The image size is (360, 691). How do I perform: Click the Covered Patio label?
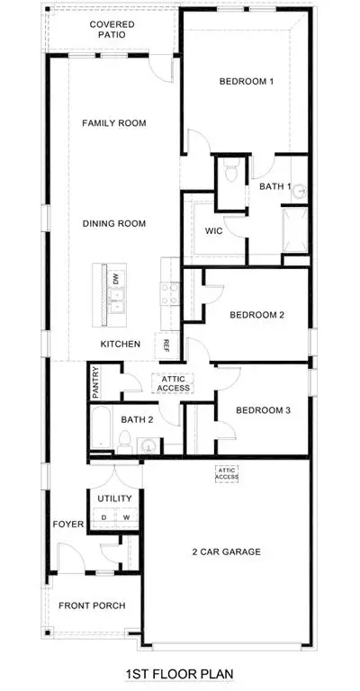click(x=112, y=30)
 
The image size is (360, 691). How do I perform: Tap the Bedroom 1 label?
click(x=247, y=81)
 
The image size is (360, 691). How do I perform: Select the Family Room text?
click(x=114, y=123)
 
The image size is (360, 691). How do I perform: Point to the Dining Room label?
click(x=114, y=223)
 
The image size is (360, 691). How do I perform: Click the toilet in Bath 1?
click(x=231, y=170)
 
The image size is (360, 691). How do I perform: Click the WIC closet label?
click(x=213, y=231)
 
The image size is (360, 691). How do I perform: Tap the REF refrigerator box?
click(x=166, y=345)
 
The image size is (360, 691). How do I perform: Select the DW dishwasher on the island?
click(x=117, y=279)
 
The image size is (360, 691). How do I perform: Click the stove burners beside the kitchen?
click(x=170, y=294)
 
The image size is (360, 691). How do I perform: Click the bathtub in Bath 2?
click(x=101, y=429)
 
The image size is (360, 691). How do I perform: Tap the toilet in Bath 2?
click(x=125, y=442)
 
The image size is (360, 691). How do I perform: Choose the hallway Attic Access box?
click(x=173, y=383)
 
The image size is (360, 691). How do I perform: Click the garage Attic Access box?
click(x=227, y=474)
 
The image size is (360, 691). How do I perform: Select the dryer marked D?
click(x=104, y=517)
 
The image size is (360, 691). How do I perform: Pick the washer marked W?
click(x=127, y=517)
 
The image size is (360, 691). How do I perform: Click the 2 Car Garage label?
click(x=227, y=552)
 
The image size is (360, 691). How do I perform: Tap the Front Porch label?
click(x=92, y=606)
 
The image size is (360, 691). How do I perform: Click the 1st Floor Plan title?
click(x=179, y=674)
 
